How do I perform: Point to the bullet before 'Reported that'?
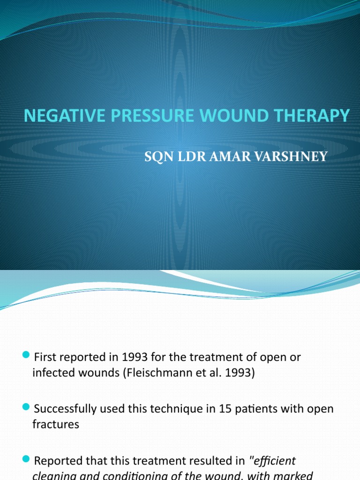26,459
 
